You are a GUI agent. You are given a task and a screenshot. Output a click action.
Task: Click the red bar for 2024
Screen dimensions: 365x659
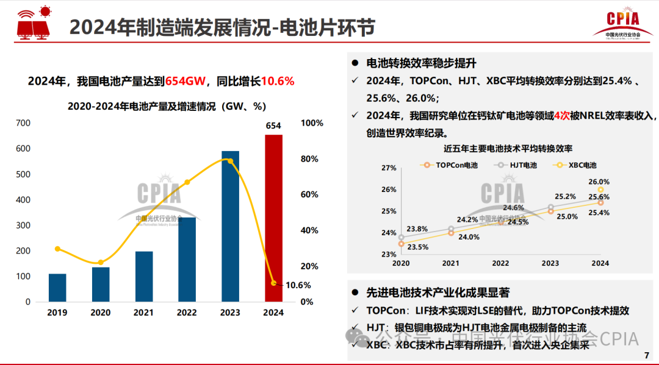tap(273, 218)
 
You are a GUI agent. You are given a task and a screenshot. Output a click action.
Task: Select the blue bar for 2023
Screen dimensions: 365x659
tap(230, 226)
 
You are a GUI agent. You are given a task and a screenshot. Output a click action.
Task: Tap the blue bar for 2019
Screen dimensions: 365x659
tap(57, 288)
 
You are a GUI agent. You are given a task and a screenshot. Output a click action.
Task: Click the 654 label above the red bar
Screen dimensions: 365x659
tap(273, 126)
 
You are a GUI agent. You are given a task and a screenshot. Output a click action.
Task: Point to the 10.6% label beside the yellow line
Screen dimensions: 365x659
tap(298, 285)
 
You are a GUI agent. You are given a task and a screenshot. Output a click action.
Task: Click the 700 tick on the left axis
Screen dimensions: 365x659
tap(23, 123)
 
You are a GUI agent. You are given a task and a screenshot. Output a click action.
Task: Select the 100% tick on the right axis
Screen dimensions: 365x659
tap(312, 123)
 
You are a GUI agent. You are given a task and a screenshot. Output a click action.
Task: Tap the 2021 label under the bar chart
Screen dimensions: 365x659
tap(144, 313)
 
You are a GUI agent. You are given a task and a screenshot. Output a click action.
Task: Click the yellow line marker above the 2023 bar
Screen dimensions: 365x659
tap(230, 161)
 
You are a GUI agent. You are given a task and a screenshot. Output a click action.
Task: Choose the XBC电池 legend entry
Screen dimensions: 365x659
tap(576, 165)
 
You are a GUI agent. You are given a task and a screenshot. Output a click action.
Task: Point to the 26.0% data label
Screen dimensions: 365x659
tap(599, 182)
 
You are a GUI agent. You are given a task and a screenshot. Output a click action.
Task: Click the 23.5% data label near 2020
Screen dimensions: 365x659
tap(417, 247)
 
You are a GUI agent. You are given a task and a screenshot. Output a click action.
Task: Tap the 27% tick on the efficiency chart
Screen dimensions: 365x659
tap(389, 168)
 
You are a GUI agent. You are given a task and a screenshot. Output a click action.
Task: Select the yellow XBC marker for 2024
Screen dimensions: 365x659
tap(600, 190)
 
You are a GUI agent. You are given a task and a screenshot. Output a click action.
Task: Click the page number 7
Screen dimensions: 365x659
tap(646, 356)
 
